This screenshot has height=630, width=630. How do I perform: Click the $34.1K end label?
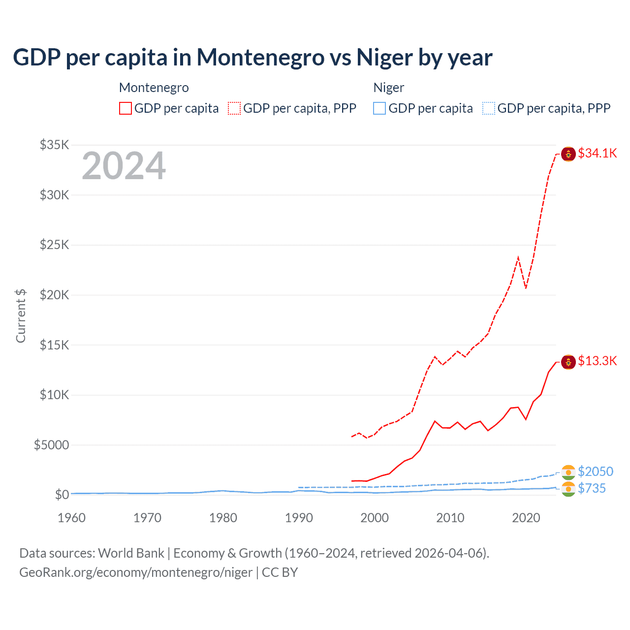click(x=597, y=154)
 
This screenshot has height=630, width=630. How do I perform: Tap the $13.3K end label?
click(x=597, y=361)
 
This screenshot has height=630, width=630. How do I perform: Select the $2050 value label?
click(x=596, y=472)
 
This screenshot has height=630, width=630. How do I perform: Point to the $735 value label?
click(x=592, y=488)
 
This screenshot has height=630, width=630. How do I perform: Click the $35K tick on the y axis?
click(x=55, y=145)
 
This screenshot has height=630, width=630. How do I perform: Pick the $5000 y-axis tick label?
click(x=52, y=445)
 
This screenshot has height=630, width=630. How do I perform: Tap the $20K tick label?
click(x=55, y=295)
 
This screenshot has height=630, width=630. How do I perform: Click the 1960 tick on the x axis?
click(x=71, y=518)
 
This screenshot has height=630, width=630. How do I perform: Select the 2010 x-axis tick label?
click(x=450, y=518)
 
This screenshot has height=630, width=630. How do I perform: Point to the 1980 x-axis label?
click(x=223, y=518)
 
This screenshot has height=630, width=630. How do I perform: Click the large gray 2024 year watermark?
click(x=124, y=166)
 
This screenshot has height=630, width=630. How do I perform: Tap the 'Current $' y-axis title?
click(x=21, y=316)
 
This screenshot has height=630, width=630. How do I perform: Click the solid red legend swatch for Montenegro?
click(x=126, y=108)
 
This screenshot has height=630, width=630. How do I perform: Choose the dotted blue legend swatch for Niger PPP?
click(x=489, y=108)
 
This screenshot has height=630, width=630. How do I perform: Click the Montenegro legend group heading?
click(x=154, y=88)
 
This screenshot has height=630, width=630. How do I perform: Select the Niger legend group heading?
click(x=389, y=88)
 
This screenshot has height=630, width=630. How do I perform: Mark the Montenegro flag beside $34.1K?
click(x=568, y=154)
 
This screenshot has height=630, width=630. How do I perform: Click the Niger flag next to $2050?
click(x=568, y=472)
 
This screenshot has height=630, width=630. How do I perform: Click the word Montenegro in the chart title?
click(x=261, y=58)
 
